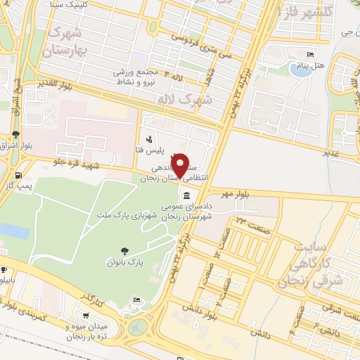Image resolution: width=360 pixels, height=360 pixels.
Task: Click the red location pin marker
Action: (181, 166)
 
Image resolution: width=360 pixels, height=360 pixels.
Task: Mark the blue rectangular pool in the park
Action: (13, 231)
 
